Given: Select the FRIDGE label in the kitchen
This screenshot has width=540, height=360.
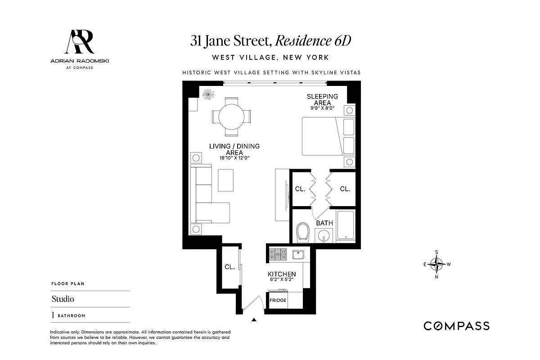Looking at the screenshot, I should (x=278, y=300).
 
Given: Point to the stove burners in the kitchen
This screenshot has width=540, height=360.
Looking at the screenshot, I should (x=278, y=255).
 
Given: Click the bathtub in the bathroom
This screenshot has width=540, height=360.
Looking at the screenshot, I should (x=346, y=225).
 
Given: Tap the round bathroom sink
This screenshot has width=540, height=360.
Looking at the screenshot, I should (x=324, y=234).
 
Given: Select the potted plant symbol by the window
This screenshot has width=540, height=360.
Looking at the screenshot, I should (x=208, y=94).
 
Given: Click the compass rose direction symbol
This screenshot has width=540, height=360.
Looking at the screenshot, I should (x=437, y=264).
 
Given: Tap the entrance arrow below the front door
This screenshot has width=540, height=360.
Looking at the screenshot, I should (x=254, y=320).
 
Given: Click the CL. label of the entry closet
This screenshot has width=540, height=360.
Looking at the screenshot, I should (x=229, y=267).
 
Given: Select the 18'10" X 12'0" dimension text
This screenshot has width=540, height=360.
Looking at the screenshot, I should (x=234, y=158).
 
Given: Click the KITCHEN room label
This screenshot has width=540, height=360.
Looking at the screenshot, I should (x=282, y=274).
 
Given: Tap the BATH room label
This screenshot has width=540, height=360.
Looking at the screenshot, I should (x=324, y=223).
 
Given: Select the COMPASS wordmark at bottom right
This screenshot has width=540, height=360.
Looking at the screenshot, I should (x=456, y=326).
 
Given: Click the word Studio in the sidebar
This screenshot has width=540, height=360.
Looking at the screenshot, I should (x=63, y=299).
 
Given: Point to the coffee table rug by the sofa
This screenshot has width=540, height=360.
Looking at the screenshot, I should (x=226, y=180).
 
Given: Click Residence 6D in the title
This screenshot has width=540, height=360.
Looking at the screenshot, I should (x=313, y=41).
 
